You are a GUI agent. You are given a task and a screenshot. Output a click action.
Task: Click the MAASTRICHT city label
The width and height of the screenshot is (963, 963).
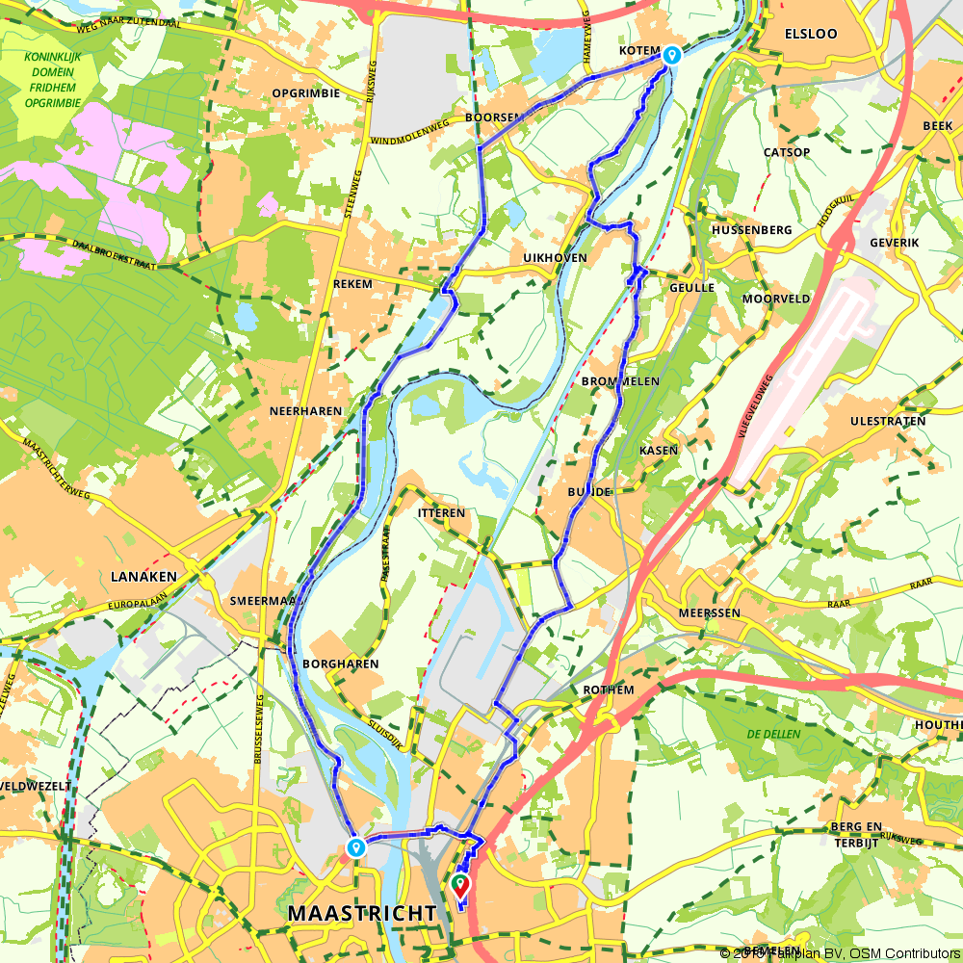[361, 911]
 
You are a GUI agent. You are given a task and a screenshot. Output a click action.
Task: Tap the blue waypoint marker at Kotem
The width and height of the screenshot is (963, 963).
[671, 55]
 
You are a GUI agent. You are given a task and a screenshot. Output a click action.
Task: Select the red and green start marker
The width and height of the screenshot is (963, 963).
[460, 882]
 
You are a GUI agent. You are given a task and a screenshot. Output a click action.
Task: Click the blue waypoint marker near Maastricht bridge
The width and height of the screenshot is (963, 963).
[356, 847]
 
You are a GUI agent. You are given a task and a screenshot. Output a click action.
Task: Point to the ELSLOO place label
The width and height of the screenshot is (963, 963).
[811, 33]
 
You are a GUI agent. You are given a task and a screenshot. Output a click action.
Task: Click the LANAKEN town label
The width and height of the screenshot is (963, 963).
[144, 576]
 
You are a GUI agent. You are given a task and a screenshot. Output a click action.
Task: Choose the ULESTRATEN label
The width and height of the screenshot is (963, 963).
[888, 421]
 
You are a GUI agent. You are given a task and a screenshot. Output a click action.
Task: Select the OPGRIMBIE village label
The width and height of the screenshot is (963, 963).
[306, 93]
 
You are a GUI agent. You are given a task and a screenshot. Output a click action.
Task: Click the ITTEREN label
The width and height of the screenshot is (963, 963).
[442, 513]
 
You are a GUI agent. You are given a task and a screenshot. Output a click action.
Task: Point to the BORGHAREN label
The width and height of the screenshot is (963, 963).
[340, 664]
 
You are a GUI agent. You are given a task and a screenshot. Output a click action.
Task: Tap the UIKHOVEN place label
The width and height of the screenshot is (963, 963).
[555, 259]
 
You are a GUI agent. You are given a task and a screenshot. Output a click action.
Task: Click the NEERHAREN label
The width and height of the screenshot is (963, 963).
[306, 410]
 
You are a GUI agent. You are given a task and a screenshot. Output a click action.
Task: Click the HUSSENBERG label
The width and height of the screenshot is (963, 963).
[752, 230]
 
